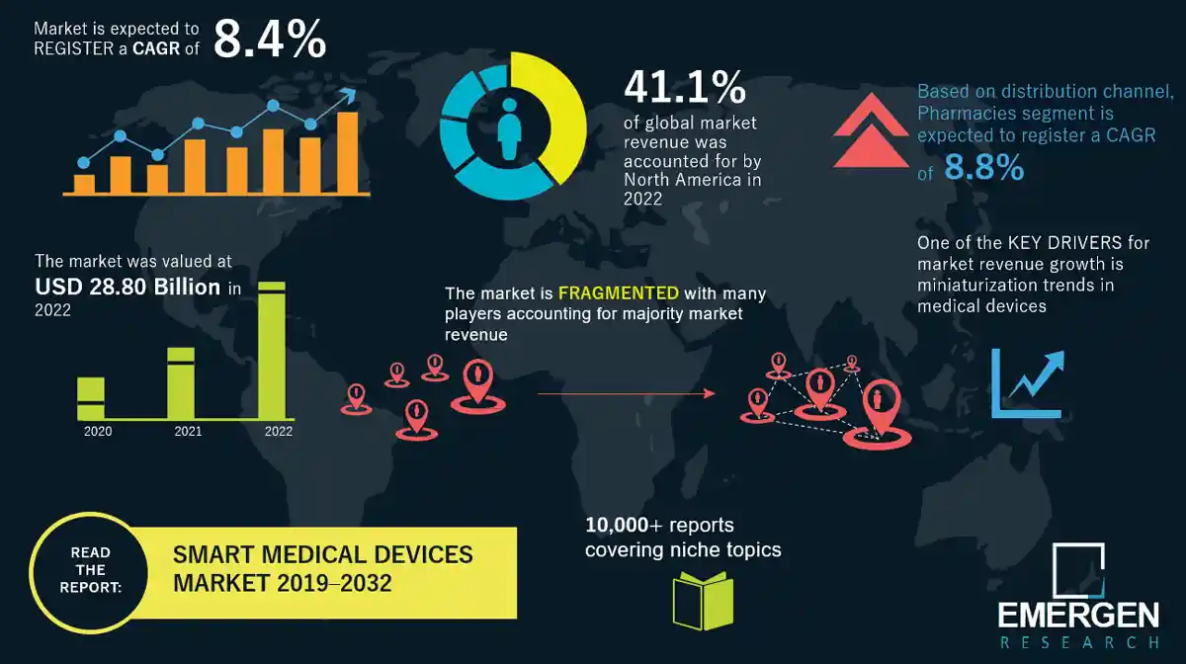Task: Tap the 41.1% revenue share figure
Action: tap(684, 88)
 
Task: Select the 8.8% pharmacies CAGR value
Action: tap(983, 169)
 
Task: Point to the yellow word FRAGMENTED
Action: tap(618, 293)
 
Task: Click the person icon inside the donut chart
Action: tap(509, 129)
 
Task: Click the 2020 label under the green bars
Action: tap(98, 432)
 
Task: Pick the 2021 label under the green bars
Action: tap(188, 432)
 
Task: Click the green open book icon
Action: tap(703, 600)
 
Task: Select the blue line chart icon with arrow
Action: tap(1029, 383)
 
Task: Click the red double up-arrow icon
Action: tap(865, 135)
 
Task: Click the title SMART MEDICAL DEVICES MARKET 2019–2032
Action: tap(323, 568)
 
